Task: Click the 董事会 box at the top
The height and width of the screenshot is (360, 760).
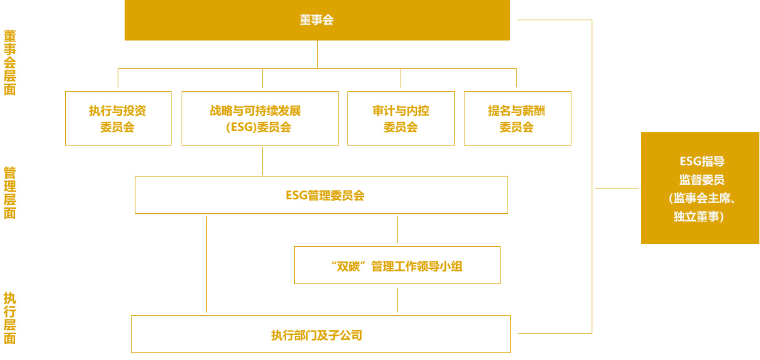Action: point(317,20)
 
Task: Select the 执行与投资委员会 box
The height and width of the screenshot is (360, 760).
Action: point(118,118)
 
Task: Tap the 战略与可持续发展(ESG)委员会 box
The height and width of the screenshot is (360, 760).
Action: point(260,118)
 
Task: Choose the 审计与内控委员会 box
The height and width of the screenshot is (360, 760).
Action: point(401,118)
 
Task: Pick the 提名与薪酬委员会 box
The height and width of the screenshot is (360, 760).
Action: point(518,118)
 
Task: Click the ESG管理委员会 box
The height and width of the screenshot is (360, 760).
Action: point(321,195)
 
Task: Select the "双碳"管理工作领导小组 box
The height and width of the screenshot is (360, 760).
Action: point(397,265)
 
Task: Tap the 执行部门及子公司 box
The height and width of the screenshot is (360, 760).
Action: point(321,334)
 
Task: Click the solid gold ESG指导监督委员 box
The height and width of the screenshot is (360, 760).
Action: point(700,188)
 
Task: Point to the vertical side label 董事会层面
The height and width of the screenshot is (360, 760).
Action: point(10,63)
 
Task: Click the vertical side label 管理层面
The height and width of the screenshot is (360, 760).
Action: point(10,193)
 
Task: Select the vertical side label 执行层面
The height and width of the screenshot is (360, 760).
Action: point(10,318)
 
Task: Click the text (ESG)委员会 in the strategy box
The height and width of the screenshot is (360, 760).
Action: point(259,127)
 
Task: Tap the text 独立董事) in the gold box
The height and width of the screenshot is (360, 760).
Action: point(699,216)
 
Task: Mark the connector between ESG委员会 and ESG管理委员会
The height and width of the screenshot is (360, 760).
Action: point(262,161)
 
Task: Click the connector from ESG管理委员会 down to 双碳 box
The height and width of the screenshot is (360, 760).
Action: point(397,230)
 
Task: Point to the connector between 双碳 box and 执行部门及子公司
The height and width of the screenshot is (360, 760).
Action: point(397,301)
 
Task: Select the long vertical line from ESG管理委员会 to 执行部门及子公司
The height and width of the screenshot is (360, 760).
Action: point(207,264)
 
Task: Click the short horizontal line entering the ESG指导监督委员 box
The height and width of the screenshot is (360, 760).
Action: point(616,189)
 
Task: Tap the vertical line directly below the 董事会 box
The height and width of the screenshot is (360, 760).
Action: point(317,54)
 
